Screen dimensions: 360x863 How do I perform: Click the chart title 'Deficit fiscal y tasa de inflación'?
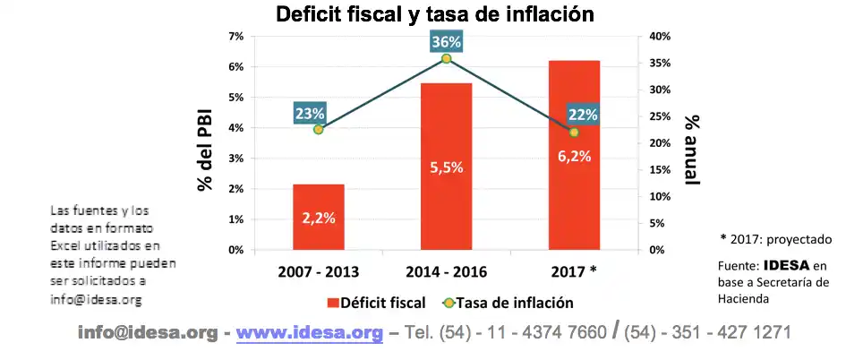[x=435, y=15]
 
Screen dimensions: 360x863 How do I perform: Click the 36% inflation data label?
[x=446, y=42]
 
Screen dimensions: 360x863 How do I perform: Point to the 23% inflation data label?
[x=310, y=114]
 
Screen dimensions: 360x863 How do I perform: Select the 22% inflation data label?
[x=583, y=115]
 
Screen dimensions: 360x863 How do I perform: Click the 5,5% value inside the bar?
[x=446, y=167]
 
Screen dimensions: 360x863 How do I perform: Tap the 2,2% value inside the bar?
[x=319, y=219]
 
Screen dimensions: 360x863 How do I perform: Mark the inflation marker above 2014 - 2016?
[x=446, y=59]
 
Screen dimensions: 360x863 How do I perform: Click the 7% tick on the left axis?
[x=236, y=36]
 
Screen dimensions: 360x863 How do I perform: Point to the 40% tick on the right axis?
[x=660, y=36]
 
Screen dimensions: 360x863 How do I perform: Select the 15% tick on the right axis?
[x=660, y=169]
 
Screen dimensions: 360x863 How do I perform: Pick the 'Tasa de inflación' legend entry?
[x=510, y=303]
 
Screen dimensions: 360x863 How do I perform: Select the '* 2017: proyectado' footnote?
[x=776, y=239]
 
